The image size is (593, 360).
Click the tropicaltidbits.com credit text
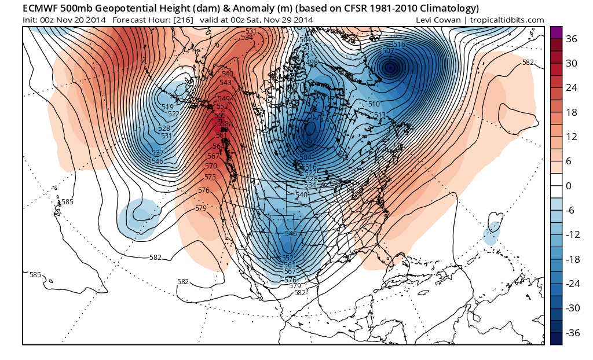511,20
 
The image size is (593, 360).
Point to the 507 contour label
388,51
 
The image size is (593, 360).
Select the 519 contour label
168,106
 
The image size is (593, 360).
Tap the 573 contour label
210,177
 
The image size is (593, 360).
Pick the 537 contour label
157,153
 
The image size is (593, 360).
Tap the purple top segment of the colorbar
555,32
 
